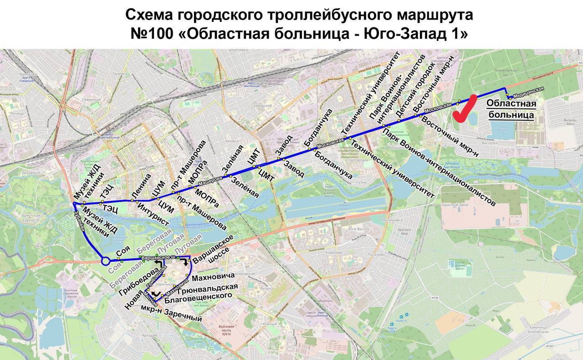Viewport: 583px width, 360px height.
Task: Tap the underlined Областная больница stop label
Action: (511, 109)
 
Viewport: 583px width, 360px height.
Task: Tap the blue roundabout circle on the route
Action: (105, 261)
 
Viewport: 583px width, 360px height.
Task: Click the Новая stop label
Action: (133, 300)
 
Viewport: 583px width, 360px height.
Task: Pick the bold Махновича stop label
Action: (213, 277)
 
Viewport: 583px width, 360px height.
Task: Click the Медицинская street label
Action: (528, 93)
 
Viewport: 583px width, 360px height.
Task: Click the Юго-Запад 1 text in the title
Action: (422, 34)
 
